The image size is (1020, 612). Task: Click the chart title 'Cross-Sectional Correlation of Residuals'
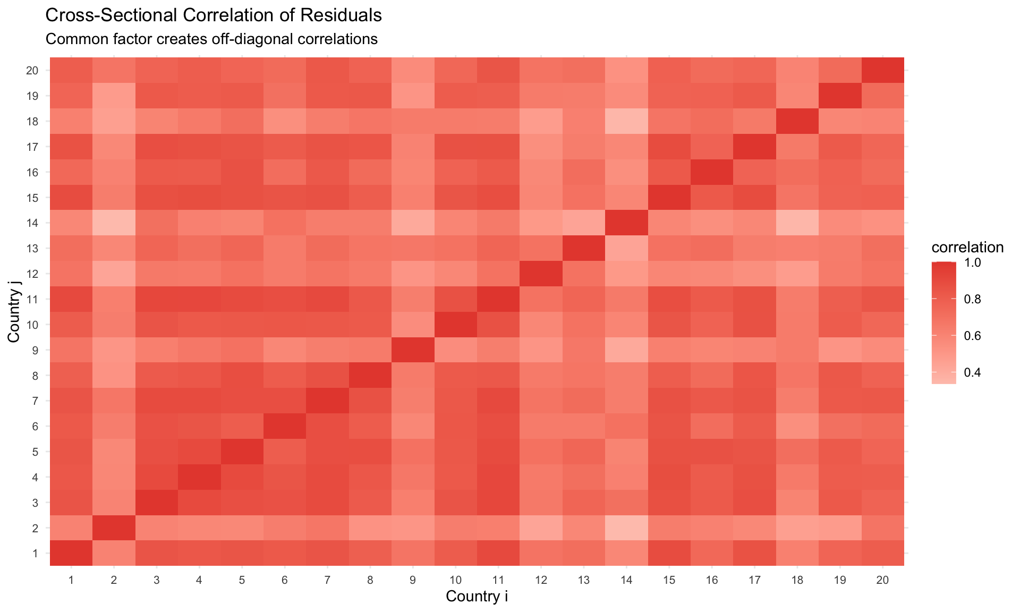[214, 16]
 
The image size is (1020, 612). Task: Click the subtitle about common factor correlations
[211, 39]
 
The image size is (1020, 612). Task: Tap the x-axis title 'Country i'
[477, 597]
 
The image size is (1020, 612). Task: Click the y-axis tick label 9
[35, 350]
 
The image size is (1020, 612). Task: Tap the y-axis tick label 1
[35, 554]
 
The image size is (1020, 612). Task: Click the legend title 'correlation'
[967, 248]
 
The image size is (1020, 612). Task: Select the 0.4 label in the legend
[972, 372]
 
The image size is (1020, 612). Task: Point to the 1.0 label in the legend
[972, 262]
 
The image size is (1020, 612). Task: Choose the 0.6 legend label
[972, 336]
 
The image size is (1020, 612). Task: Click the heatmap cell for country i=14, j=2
[626, 528]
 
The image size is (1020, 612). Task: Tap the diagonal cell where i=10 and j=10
[455, 325]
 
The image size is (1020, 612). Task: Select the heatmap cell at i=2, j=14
[114, 223]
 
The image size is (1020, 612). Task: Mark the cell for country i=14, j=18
[626, 121]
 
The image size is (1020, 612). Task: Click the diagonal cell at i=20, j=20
[882, 70]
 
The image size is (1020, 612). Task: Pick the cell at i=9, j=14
[413, 223]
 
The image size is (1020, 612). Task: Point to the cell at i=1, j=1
[71, 554]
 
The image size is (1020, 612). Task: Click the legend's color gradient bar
[943, 322]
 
